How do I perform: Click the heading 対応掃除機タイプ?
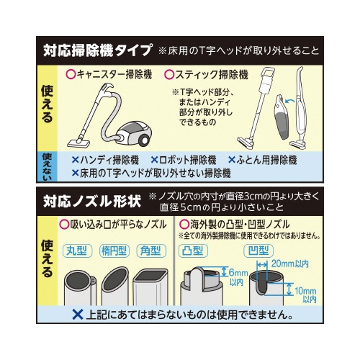97,50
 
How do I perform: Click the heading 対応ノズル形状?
92,201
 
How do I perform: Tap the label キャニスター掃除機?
114,75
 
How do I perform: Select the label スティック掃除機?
211,75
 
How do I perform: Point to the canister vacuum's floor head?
78,143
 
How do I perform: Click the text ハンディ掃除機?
109,160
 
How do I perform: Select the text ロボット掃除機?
187,160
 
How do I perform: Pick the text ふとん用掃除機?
266,160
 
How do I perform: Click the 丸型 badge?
77,251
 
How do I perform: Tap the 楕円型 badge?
114,251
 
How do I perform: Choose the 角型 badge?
151,251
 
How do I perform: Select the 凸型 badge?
193,251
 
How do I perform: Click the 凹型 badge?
258,251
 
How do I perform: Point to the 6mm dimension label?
238,273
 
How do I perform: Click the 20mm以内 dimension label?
290,264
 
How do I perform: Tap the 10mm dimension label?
305,291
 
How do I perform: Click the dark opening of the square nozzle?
150,275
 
